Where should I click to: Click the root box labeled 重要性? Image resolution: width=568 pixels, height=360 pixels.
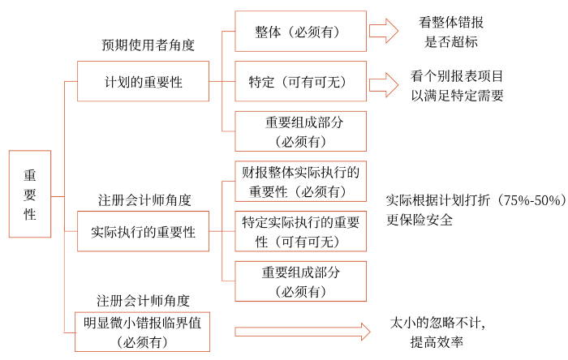[30, 194]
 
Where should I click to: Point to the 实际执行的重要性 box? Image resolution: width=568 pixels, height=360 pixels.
[143, 232]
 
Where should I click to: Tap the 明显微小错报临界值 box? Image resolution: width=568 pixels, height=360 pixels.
[143, 332]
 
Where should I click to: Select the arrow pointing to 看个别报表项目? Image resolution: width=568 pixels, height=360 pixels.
[384, 84]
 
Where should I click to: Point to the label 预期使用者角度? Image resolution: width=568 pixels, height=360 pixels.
[148, 45]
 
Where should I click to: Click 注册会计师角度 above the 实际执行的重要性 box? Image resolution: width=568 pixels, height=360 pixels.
[145, 199]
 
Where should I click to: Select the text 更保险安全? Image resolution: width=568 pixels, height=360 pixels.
[420, 219]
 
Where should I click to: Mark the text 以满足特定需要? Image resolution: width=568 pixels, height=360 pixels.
[457, 95]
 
